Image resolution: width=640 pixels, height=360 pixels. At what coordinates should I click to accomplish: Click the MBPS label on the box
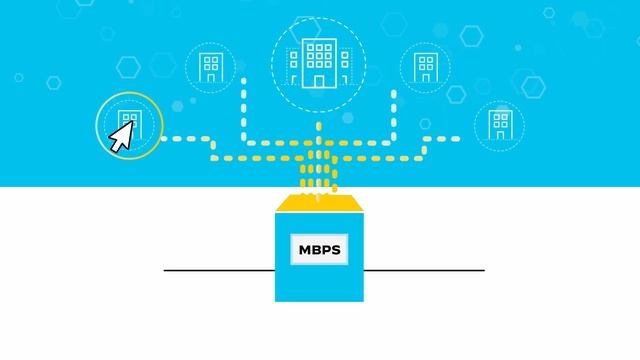(318, 250)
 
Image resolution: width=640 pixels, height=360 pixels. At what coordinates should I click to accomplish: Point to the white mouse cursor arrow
(121, 137)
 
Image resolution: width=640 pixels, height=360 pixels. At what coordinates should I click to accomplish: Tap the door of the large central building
(319, 78)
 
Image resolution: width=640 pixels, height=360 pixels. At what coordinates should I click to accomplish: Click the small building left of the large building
(211, 67)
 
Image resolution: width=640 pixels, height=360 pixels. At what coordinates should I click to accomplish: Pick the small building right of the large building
(425, 67)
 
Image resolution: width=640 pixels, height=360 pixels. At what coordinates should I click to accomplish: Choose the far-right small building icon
(498, 124)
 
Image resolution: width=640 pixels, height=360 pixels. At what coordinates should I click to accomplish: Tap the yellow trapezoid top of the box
(318, 204)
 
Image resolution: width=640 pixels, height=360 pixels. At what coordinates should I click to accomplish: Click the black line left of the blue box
(219, 270)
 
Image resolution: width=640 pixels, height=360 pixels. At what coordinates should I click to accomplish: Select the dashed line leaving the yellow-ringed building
(185, 139)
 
